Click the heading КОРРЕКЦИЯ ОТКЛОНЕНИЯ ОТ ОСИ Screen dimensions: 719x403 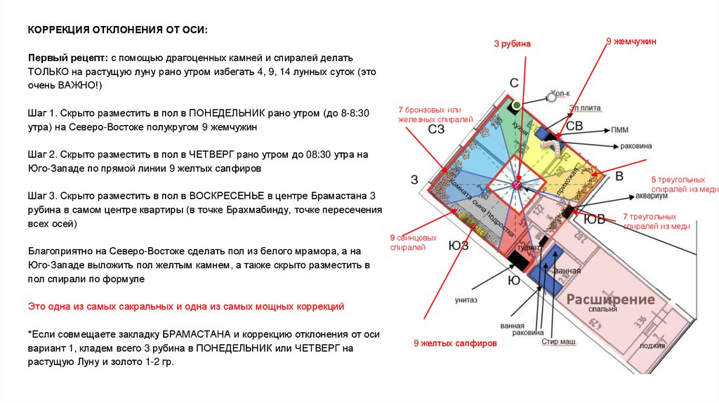[x=117, y=31]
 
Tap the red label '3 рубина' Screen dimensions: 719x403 [x=512, y=44]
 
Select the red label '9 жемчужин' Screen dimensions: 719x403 [x=631, y=42]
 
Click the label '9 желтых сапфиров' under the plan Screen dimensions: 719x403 [x=455, y=343]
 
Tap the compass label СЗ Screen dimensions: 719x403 [x=436, y=130]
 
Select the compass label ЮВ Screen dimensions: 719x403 [x=595, y=220]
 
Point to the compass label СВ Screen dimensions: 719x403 [x=574, y=126]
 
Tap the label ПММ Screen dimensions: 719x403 [x=620, y=130]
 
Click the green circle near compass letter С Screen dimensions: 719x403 [x=516, y=105]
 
